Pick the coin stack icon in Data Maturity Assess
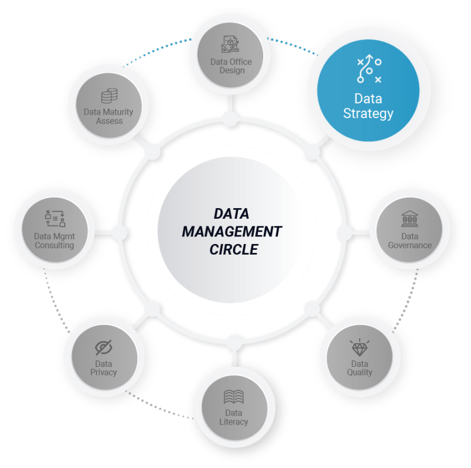pyautogui.click(x=110, y=96)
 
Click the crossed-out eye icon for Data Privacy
pyautogui.click(x=104, y=347)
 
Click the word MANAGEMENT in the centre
pyautogui.click(x=231, y=231)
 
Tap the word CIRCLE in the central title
pyautogui.click(x=234, y=249)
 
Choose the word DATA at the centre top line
pyautogui.click(x=231, y=213)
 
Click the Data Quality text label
pyautogui.click(x=359, y=368)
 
